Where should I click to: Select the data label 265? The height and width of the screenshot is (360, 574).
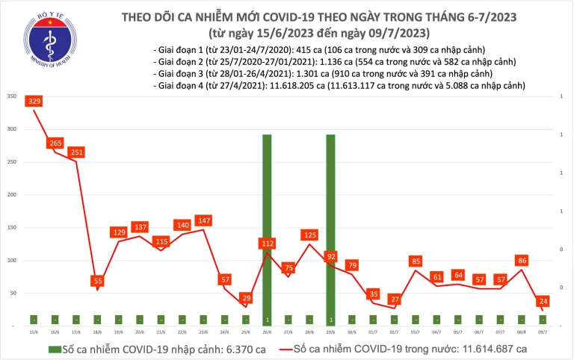55,143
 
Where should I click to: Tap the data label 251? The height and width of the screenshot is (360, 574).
75,152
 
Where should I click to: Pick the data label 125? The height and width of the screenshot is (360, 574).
309,236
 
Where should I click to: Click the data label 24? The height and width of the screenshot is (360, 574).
546,302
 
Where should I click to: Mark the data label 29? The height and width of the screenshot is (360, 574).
245,299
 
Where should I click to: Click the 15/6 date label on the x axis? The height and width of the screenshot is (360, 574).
33,333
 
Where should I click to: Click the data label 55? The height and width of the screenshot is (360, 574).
97,281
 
